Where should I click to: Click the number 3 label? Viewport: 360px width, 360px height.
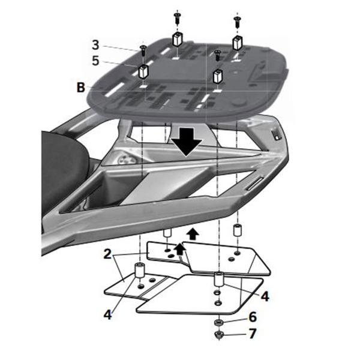[96, 44]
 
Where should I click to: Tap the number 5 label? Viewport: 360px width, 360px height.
[96, 60]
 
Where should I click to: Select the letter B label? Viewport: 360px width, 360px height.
[81, 88]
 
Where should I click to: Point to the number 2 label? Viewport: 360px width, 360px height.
[106, 254]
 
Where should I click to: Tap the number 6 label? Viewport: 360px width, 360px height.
[252, 316]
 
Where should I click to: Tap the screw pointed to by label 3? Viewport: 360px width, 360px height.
[143, 49]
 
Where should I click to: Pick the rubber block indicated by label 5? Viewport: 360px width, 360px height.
[144, 70]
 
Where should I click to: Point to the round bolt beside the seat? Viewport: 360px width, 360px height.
[124, 160]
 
